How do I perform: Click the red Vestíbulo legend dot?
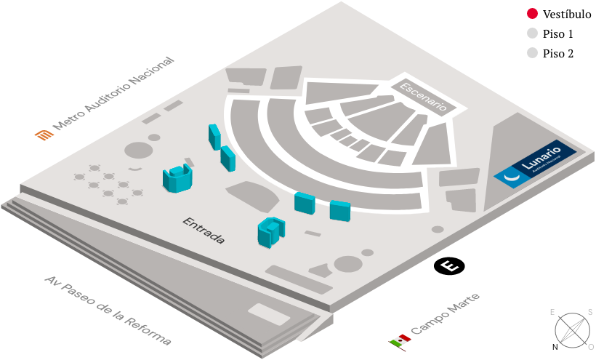(533, 14)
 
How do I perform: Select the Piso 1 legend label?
(558, 33)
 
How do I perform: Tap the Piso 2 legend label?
(558, 53)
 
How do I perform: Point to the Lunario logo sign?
(536, 164)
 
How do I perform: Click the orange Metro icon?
(44, 134)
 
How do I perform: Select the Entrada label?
(204, 230)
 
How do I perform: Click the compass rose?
(573, 329)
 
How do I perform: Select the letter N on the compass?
(555, 347)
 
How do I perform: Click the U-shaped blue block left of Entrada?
(177, 178)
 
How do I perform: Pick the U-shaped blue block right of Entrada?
(270, 232)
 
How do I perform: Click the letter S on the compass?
(589, 312)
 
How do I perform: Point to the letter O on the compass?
(590, 346)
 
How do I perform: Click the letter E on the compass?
(553, 312)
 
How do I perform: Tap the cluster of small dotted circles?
(108, 184)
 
